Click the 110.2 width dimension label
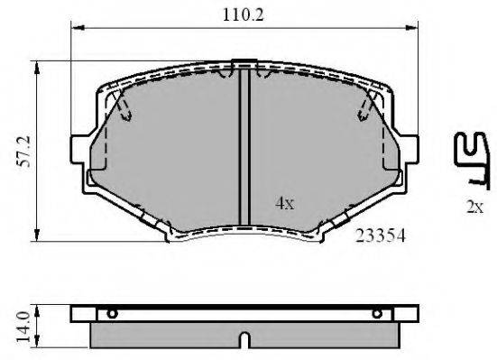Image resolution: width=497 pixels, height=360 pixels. tap(244, 14)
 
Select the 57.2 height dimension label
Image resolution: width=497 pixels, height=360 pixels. tap(24, 152)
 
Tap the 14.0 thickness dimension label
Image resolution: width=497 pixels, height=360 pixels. tap(23, 327)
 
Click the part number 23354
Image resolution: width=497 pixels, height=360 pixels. tap(380, 235)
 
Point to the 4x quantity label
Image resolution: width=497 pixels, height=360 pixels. tap(285, 203)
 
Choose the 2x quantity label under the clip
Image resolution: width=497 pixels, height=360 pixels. tap(474, 207)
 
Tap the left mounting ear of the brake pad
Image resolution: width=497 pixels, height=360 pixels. tap(78, 149)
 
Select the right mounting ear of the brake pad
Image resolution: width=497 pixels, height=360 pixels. tap(410, 149)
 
